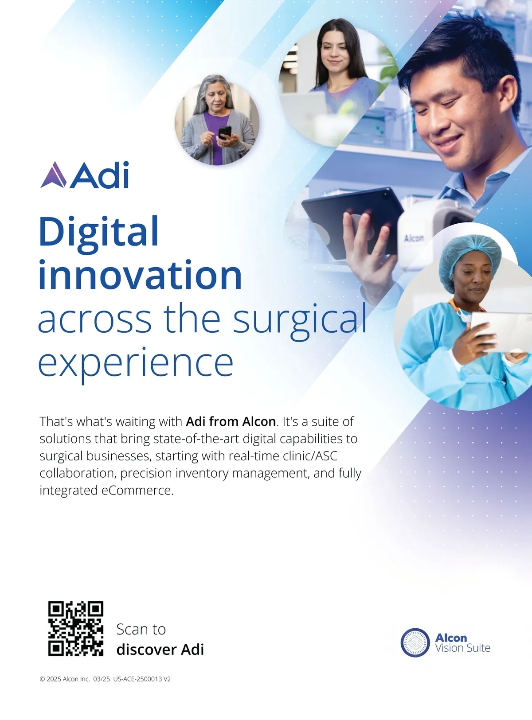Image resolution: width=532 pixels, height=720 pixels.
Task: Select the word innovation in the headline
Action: (140, 275)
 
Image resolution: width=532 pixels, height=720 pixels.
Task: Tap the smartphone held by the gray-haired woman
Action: (225, 132)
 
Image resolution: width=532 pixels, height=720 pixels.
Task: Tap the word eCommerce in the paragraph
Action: (137, 490)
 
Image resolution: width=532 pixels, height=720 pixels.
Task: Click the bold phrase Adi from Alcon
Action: (231, 421)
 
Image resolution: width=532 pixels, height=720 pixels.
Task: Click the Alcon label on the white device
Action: (414, 238)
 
